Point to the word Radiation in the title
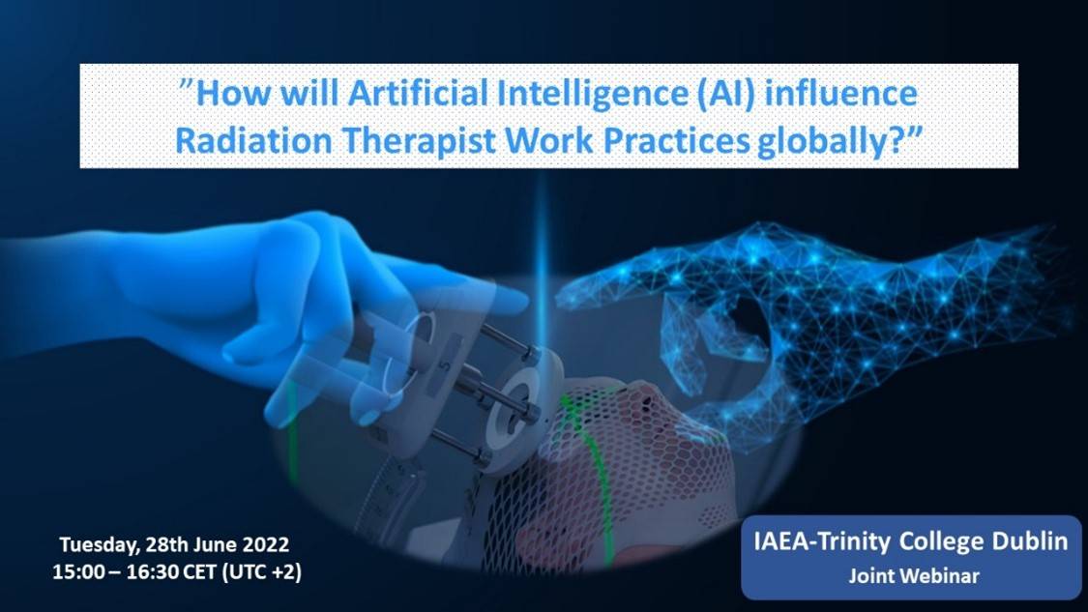click(253, 141)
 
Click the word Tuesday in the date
click(100, 545)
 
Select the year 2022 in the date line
click(266, 544)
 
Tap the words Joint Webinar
click(914, 576)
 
